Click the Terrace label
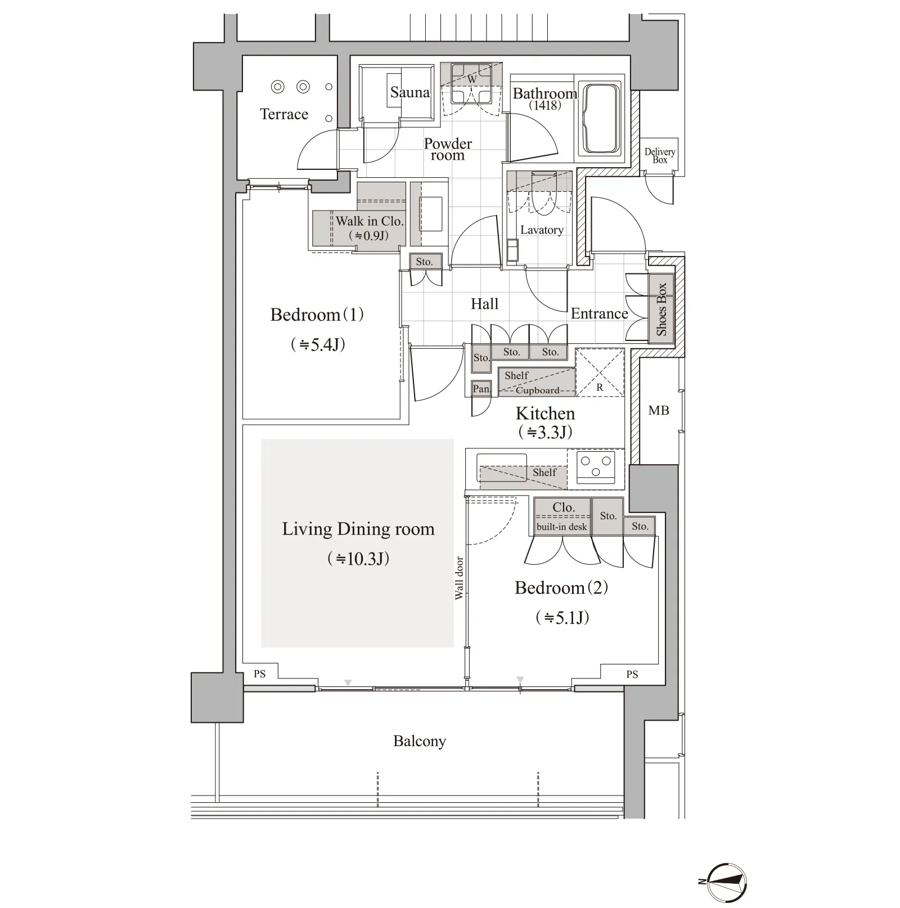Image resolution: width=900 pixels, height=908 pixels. click(x=284, y=114)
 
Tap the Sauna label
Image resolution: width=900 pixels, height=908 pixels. click(x=410, y=92)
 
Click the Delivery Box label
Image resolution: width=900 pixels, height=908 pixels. click(x=660, y=156)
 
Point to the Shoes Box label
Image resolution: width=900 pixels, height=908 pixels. click(x=661, y=309)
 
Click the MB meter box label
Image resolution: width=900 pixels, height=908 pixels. click(x=659, y=411)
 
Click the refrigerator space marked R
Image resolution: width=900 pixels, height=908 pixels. click(x=600, y=372)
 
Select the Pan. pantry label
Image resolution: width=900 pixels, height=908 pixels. click(x=481, y=389)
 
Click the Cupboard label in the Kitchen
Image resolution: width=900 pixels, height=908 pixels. click(x=538, y=390)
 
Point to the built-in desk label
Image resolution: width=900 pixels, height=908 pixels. click(x=561, y=527)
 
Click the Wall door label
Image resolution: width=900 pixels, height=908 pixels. click(x=459, y=578)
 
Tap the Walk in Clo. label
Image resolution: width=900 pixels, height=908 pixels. click(x=370, y=221)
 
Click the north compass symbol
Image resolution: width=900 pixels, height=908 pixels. click(x=727, y=882)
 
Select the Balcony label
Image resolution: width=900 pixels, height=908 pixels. click(x=420, y=741)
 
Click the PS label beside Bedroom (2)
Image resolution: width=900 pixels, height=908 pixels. click(x=632, y=675)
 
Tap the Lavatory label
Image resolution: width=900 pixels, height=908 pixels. click(x=542, y=230)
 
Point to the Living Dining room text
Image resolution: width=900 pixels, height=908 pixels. click(x=358, y=529)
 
